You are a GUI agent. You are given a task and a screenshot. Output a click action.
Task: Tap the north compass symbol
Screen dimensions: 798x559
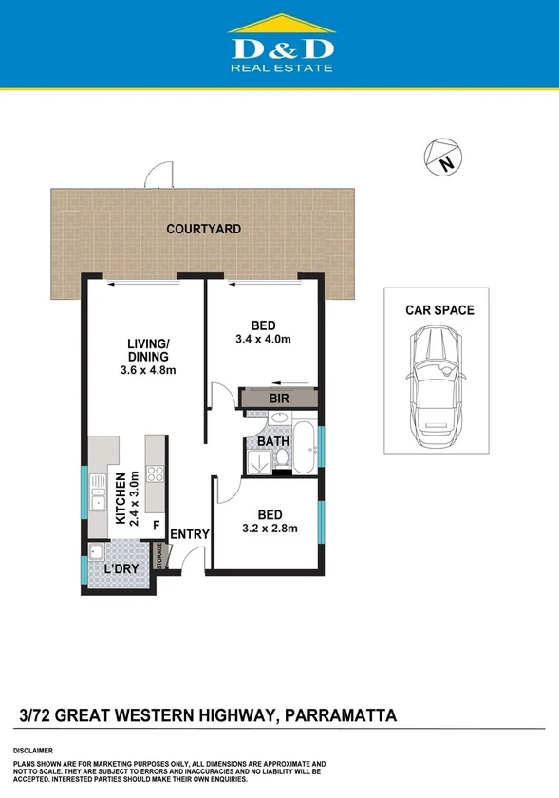pos(442,157)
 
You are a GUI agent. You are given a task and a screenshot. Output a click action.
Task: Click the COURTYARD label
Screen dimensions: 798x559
pos(203,229)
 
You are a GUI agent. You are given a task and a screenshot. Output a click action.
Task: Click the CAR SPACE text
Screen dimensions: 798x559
pos(439,310)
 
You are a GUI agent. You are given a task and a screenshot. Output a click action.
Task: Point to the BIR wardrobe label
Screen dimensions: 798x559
pos(279,399)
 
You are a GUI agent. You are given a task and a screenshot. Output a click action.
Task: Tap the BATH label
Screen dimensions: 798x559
pos(273,441)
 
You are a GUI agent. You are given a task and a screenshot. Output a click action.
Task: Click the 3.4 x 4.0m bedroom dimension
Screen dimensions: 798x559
pos(262,339)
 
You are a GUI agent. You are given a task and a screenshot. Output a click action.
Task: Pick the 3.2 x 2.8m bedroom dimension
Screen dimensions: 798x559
pos(270,529)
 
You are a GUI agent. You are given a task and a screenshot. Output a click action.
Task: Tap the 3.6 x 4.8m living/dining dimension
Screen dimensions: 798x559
pos(151,370)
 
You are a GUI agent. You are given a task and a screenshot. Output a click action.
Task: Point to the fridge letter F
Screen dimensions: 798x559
pos(156,523)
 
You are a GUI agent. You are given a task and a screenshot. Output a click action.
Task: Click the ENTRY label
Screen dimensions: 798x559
pos(189,534)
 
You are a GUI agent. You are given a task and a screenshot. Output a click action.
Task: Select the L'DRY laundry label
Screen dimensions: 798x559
pos(121,568)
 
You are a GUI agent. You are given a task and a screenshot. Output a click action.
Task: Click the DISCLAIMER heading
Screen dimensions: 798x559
pos(33,750)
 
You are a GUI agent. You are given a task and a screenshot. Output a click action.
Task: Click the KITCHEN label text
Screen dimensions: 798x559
pos(121,498)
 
